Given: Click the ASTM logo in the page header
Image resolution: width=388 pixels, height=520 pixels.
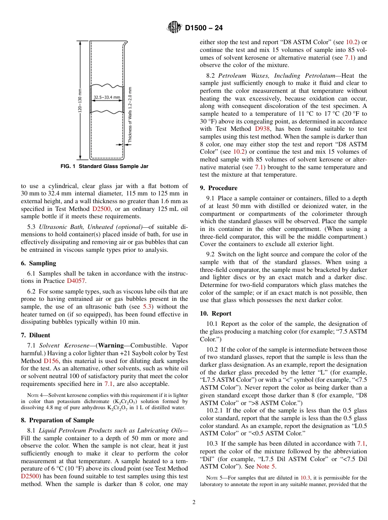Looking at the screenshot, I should [x=174, y=28].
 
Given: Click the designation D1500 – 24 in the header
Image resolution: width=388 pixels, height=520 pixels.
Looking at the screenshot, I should [x=204, y=28].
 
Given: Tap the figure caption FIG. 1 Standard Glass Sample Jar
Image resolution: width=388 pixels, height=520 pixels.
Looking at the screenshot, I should [x=104, y=166].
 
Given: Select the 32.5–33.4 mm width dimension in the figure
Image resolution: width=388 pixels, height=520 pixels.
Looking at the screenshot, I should [x=107, y=97].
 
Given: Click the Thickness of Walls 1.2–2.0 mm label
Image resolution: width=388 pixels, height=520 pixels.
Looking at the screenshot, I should [x=130, y=114].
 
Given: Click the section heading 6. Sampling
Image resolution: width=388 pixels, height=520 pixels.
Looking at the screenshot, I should [x=38, y=263].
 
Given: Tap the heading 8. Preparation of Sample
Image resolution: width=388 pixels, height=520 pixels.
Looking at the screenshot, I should [x=57, y=420].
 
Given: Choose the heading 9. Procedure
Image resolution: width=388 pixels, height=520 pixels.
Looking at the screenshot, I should [x=219, y=188].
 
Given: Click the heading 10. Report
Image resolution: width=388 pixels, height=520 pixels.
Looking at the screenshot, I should [x=216, y=314].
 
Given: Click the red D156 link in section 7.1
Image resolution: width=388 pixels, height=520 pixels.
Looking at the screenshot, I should [x=51, y=361].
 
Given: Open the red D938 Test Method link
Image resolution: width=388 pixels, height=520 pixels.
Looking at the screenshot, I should [x=262, y=129].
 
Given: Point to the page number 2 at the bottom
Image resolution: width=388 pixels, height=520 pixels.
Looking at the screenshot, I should [x=194, y=502].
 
